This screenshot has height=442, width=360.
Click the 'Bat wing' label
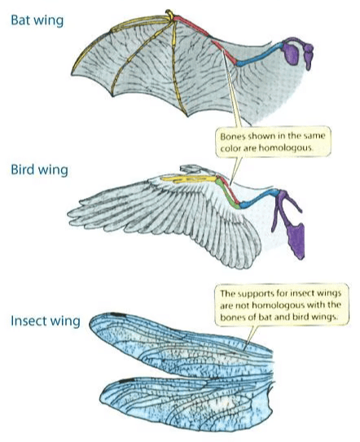pyautogui.click(x=37, y=20)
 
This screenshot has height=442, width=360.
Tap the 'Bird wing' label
pyautogui.click(x=39, y=170)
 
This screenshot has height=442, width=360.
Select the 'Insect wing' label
pyautogui.click(x=46, y=321)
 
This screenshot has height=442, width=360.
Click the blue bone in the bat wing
pyautogui.click(x=259, y=54)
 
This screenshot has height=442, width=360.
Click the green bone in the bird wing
pyautogui.click(x=227, y=194)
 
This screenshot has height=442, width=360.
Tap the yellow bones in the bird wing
pyautogui.click(x=189, y=179)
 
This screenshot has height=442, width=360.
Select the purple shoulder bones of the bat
pyautogui.click(x=297, y=52)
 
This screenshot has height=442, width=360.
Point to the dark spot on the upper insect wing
pyautogui.click(x=117, y=314)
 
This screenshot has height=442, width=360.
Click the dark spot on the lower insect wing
pyautogui.click(x=126, y=381)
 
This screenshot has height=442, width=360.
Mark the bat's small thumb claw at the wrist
pyautogui.click(x=169, y=14)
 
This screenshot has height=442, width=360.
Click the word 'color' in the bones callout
pyautogui.click(x=230, y=148)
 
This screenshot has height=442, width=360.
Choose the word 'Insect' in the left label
pyautogui.click(x=29, y=321)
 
